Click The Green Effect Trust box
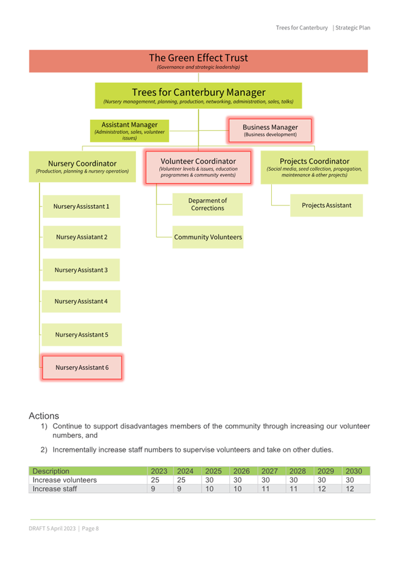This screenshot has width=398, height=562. pos(198,61)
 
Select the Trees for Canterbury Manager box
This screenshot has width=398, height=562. pos(198,96)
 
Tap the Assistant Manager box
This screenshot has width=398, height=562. pos(129,131)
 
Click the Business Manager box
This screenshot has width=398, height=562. pos(270,131)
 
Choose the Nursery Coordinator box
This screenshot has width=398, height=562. pos(83,167)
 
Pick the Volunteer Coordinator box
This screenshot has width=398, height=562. pos(198,167)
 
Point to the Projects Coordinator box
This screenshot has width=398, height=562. pos(314,167)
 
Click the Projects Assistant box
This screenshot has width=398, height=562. pos(327,205)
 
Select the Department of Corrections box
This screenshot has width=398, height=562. pos(208,204)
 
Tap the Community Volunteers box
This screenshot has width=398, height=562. pos(208,237)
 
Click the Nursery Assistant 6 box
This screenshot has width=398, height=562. pos(82,367)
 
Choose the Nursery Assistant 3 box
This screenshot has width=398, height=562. pos(81,270)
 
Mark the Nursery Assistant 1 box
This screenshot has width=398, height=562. pos(81,207)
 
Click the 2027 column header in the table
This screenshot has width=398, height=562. pos(269,471)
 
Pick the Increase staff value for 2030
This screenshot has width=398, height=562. pos(350,489)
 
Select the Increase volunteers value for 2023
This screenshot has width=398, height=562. pos(155,480)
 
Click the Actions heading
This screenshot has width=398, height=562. pos(44,416)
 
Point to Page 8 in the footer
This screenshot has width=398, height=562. pos(90,528)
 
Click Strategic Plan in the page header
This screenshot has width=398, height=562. pos(353,28)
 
